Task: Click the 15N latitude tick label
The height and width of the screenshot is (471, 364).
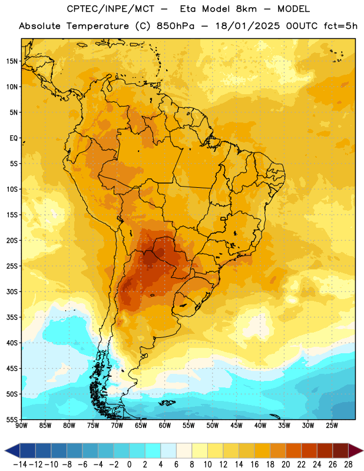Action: (12, 61)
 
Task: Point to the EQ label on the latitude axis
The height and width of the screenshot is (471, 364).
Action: (14, 138)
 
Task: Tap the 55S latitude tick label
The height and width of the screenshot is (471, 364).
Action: (12, 419)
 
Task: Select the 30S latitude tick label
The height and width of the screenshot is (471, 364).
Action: (12, 291)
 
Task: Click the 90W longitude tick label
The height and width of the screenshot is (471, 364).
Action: (21, 425)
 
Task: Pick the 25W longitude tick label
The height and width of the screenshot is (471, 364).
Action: (332, 425)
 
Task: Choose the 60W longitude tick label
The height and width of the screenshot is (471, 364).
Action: (165, 425)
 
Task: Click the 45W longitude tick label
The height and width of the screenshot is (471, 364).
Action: (236, 425)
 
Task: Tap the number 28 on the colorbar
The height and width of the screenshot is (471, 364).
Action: (348, 465)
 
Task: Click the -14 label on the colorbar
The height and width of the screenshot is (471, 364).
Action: (20, 465)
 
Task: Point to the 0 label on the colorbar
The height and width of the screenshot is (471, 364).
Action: (129, 465)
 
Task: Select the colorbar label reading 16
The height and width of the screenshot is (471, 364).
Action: (254, 465)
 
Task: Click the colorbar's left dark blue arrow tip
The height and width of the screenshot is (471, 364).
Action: (5, 450)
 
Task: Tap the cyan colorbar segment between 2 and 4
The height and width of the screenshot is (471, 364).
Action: (153, 450)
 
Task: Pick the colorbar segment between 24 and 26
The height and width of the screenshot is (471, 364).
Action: (325, 450)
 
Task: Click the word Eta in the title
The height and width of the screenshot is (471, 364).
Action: (187, 9)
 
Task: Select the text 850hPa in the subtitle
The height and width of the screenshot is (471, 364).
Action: (176, 26)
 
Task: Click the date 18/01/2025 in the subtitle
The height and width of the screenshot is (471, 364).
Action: (247, 26)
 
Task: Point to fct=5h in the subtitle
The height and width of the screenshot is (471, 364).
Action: (340, 26)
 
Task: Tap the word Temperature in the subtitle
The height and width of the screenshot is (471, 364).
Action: (97, 26)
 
